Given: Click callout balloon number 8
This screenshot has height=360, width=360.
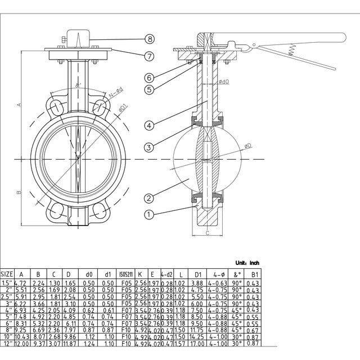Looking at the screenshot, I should (x=149, y=39).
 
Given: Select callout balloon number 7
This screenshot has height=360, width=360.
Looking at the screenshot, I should (x=149, y=56).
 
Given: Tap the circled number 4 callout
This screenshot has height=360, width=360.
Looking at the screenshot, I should (x=149, y=125).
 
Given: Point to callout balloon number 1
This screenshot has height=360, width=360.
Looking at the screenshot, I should (x=149, y=214).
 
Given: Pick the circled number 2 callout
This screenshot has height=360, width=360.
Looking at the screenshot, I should (x=149, y=197).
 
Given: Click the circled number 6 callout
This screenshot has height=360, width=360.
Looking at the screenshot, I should (x=149, y=77).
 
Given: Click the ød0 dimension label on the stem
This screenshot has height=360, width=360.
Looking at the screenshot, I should (x=223, y=82).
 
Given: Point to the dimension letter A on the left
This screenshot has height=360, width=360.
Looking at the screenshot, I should (x=19, y=105).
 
